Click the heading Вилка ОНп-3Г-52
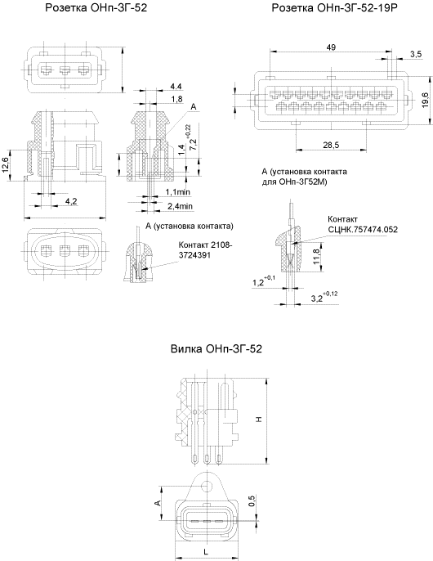pyautogui.click(x=216, y=349)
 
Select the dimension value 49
pyautogui.click(x=331, y=47)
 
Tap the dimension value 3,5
pyautogui.click(x=416, y=54)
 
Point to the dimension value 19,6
pyautogui.click(x=425, y=100)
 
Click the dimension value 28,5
pyautogui.click(x=331, y=145)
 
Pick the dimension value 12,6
pyautogui.click(x=6, y=165)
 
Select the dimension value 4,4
pyautogui.click(x=176, y=86)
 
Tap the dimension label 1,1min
pyautogui.click(x=178, y=192)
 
